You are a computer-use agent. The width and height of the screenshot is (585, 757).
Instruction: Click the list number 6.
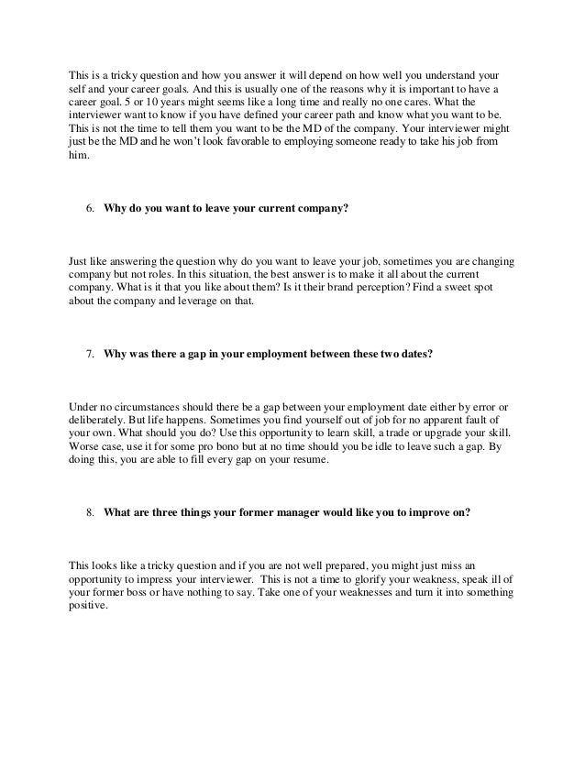[90, 209]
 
